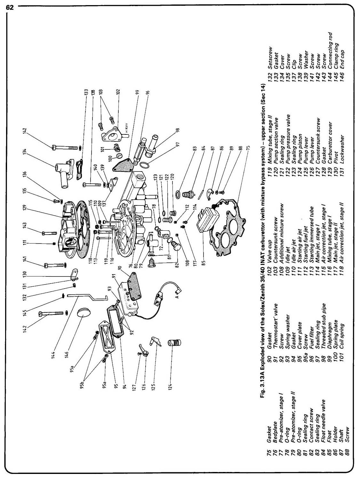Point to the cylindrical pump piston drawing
(x=175, y=344)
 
